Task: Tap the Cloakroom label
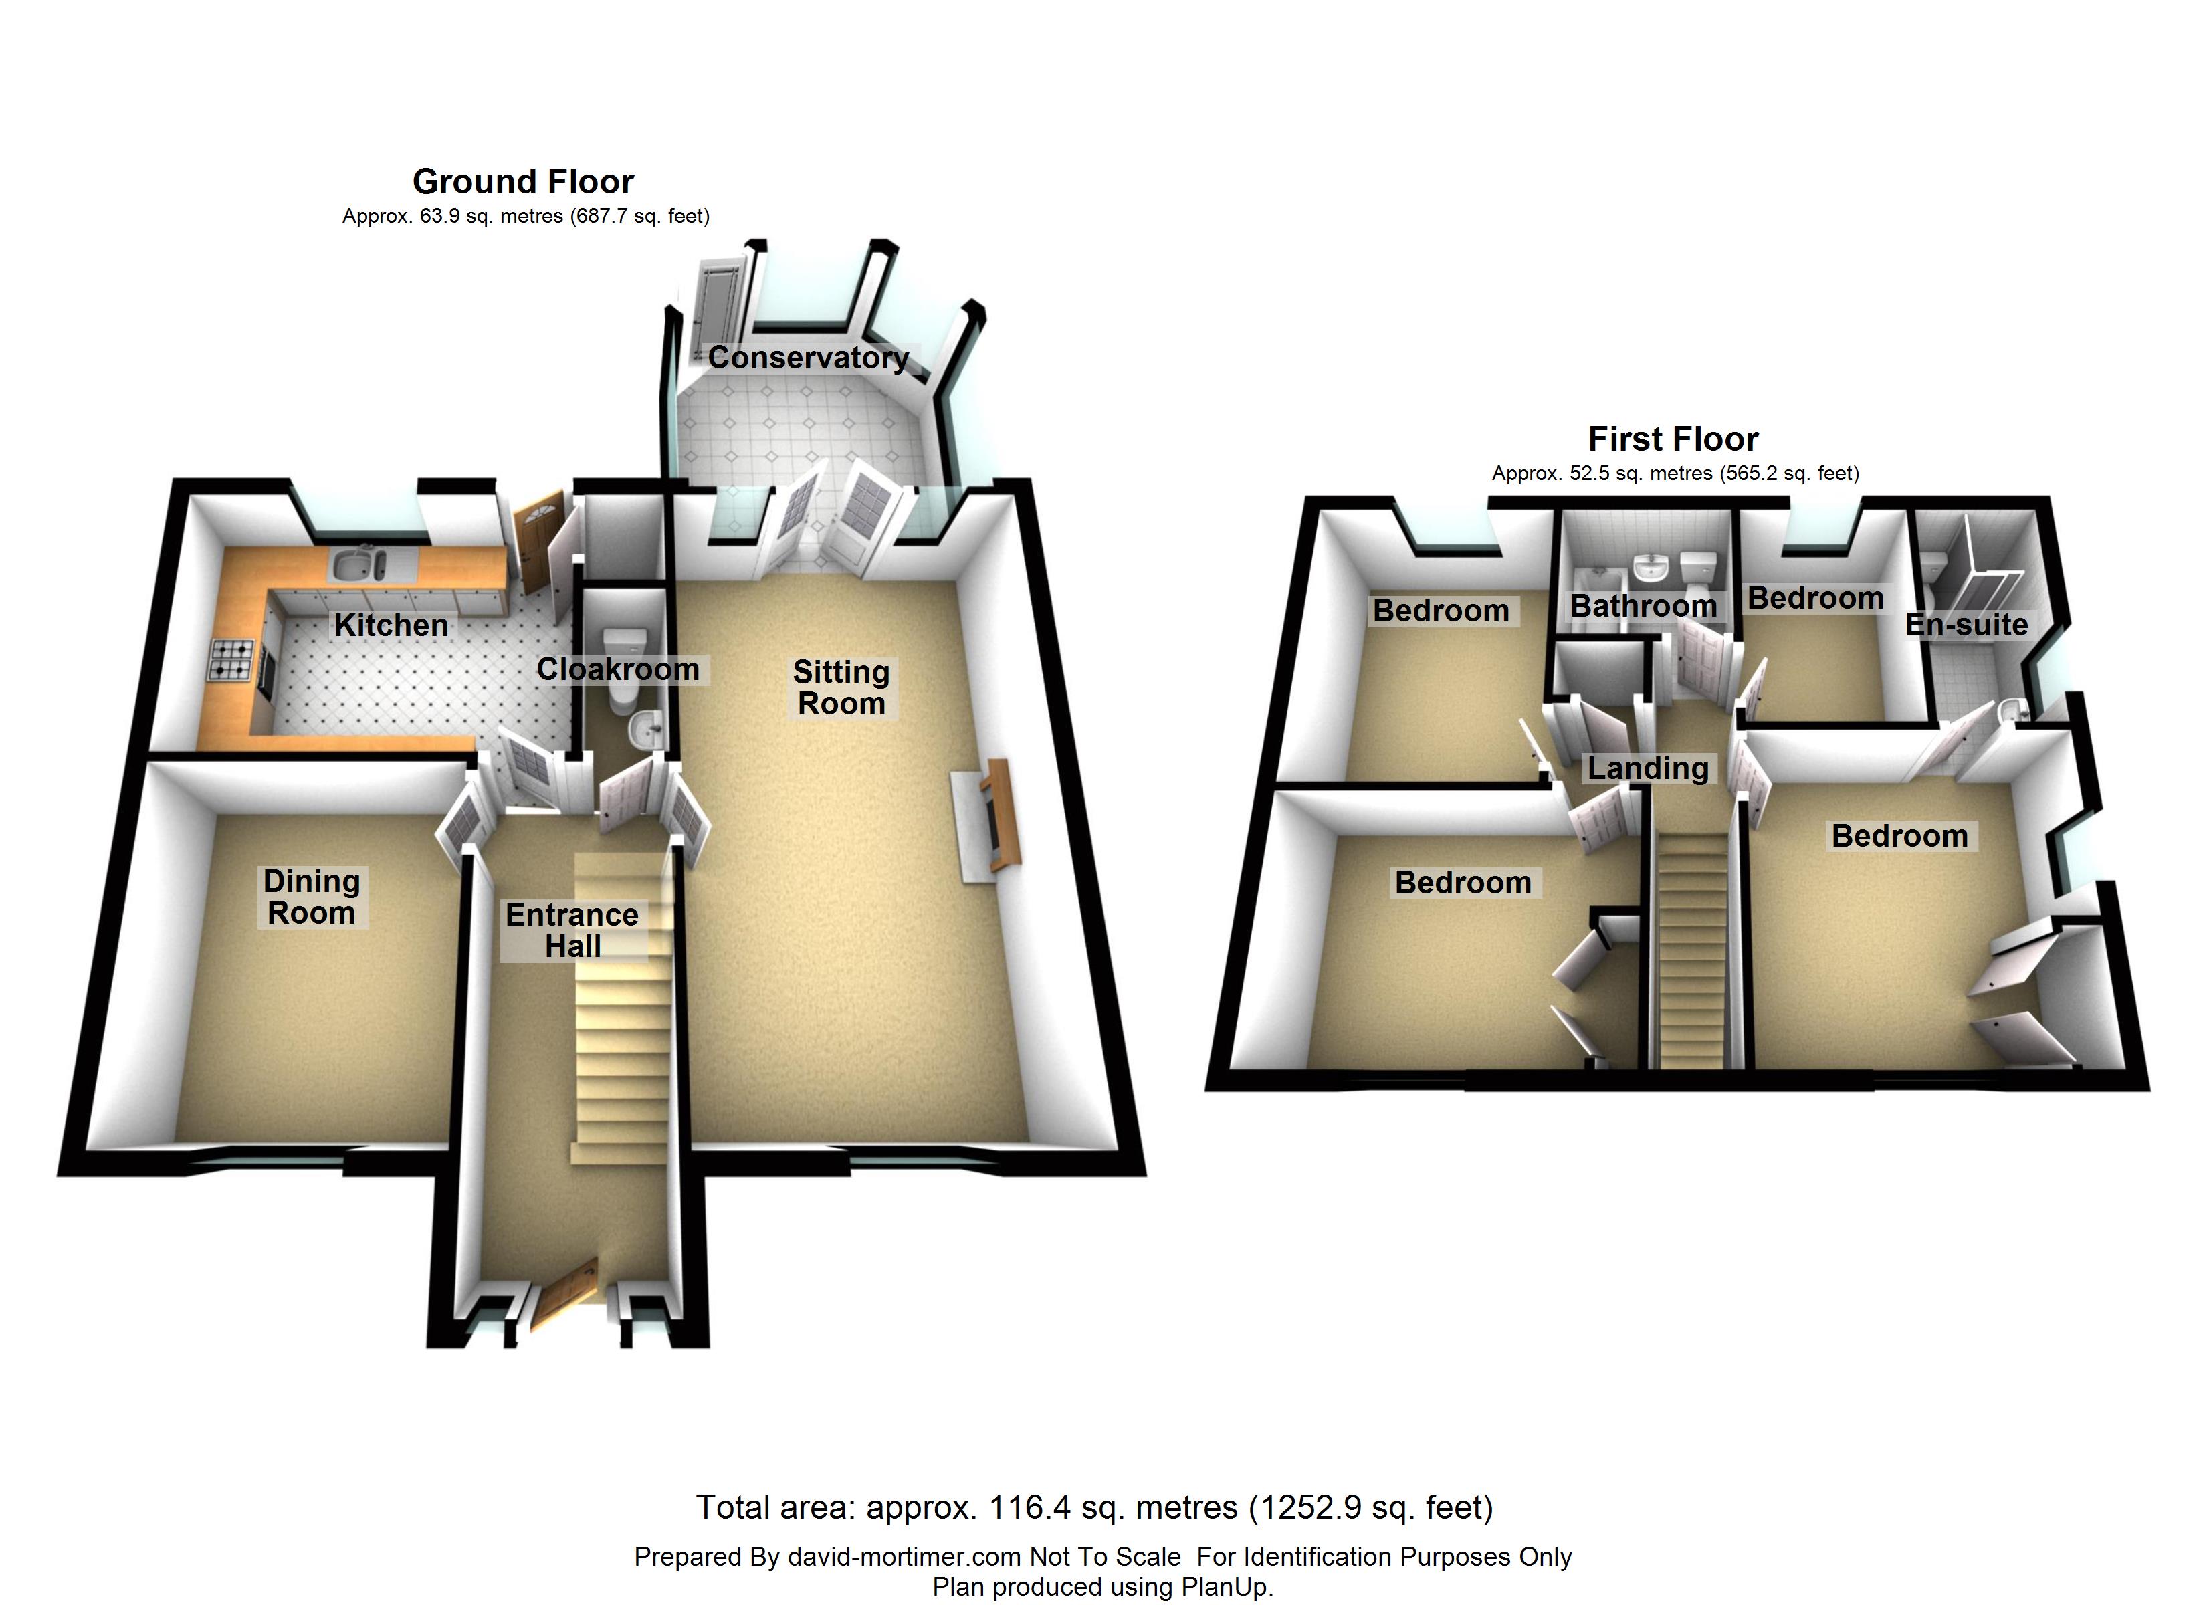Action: pyautogui.click(x=618, y=669)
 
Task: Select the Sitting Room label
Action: pyautogui.click(x=841, y=687)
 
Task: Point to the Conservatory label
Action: pyautogui.click(x=808, y=358)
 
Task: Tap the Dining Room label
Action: pyautogui.click(x=312, y=896)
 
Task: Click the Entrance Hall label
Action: pyautogui.click(x=572, y=930)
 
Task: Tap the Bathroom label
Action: pyautogui.click(x=1644, y=607)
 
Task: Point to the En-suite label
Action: pyautogui.click(x=1966, y=625)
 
